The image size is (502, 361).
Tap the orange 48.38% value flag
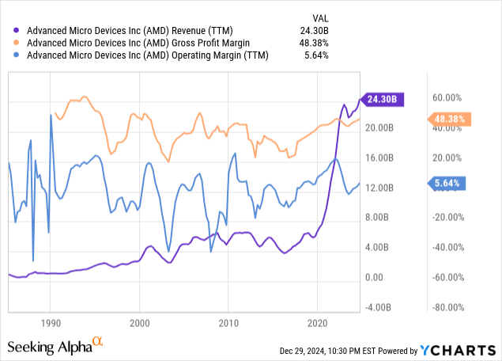pyautogui.click(x=450, y=120)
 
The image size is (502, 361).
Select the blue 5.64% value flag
pyautogui.click(x=449, y=184)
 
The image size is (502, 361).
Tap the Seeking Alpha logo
pyautogui.click(x=56, y=346)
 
